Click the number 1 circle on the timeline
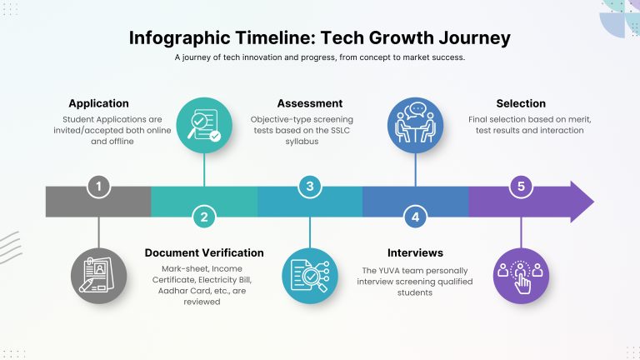click(98, 187)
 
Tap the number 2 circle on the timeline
click(204, 217)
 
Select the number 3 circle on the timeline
click(310, 187)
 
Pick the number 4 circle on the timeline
click(416, 217)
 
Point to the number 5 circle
click(521, 187)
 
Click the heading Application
click(99, 103)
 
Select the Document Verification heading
click(204, 252)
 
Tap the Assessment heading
click(310, 103)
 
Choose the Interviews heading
click(415, 252)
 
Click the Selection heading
click(521, 103)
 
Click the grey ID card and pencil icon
click(98, 276)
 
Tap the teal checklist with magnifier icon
click(204, 125)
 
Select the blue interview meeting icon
click(416, 125)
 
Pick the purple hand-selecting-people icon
click(521, 276)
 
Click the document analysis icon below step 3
click(310, 276)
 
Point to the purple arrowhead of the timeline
click(582, 202)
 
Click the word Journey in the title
click(475, 38)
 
